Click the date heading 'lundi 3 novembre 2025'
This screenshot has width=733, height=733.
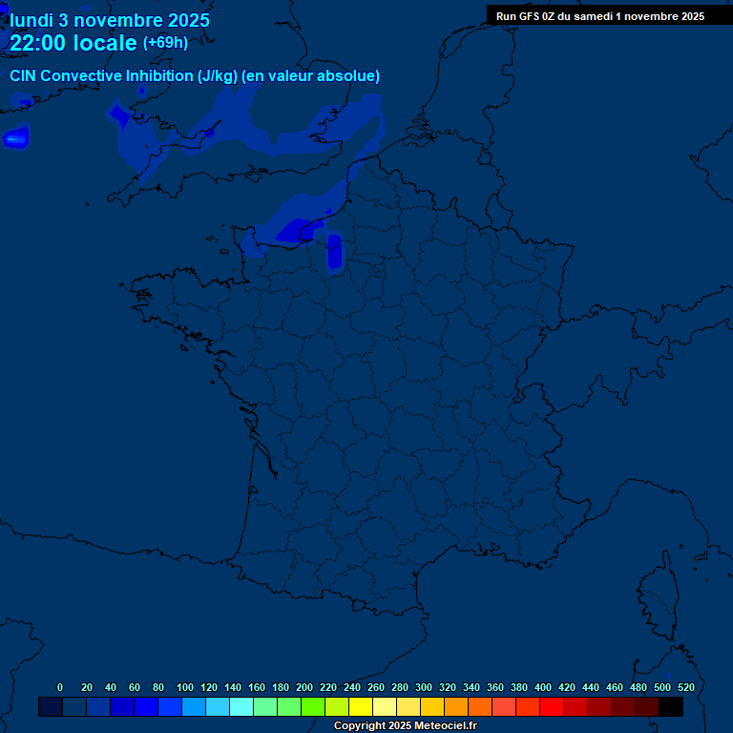[x=110, y=20]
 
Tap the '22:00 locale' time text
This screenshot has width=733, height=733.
[x=73, y=43]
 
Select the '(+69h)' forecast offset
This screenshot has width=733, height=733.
[x=165, y=43]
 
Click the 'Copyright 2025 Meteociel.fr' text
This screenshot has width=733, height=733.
[x=405, y=726]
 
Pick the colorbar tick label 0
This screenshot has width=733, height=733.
[x=60, y=687]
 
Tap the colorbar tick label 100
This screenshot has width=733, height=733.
[x=185, y=687]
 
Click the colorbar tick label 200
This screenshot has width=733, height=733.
[x=304, y=687]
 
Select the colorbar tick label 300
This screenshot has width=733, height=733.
[x=424, y=687]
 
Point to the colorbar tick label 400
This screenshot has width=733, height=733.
[x=543, y=687]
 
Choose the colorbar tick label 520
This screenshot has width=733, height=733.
[x=685, y=687]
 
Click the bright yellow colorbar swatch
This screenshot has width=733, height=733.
[x=361, y=706]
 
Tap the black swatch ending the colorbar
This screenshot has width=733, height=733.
[x=671, y=706]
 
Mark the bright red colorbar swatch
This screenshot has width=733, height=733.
[x=552, y=706]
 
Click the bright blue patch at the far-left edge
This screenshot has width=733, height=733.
[x=14, y=139]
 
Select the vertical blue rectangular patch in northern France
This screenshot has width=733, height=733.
[x=334, y=251]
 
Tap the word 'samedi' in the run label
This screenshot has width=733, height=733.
[x=594, y=15]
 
